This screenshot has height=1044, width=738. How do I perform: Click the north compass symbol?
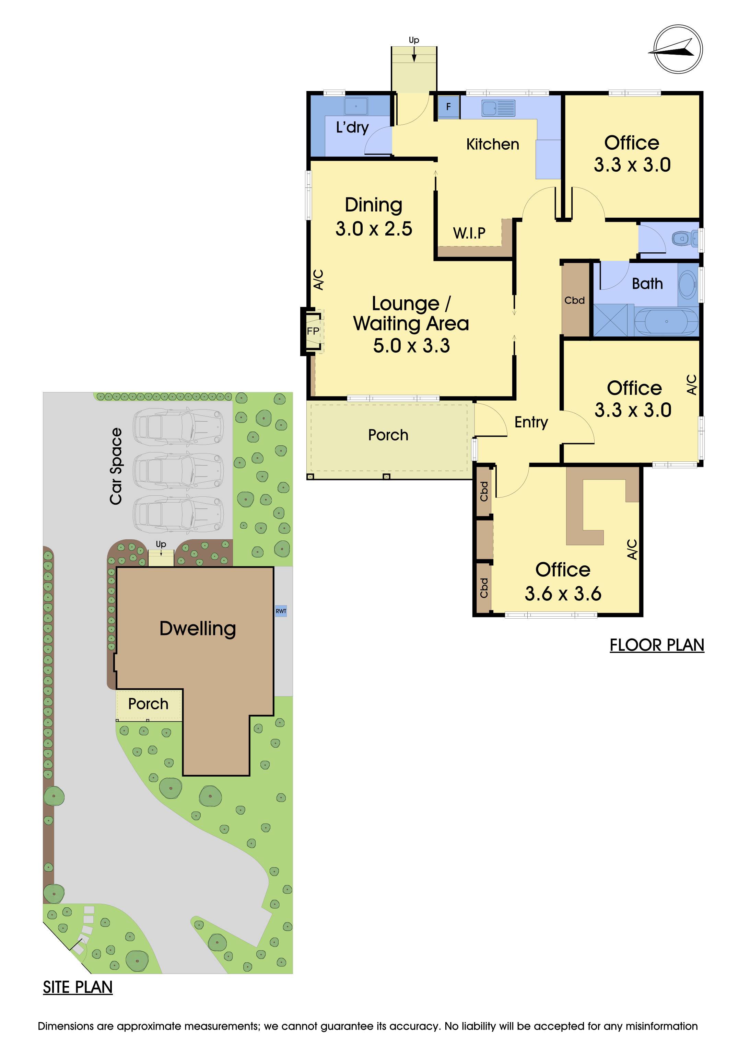coord(678,49)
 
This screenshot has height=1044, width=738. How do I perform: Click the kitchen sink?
coord(499,108)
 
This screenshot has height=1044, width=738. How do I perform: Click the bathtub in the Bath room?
coord(666,321)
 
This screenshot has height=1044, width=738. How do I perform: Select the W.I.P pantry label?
coord(469,233)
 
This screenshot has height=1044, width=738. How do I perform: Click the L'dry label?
coord(352,127)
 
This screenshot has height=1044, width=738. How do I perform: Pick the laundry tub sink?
coord(356,106)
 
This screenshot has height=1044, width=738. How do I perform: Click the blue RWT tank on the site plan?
coord(281,611)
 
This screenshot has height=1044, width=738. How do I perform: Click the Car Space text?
coord(116,467)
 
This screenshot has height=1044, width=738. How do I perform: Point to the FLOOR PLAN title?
coord(657,645)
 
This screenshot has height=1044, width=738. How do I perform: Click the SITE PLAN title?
coord(78,987)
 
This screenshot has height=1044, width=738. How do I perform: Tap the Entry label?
coord(531,422)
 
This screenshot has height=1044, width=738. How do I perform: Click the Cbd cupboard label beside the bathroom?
coord(574,300)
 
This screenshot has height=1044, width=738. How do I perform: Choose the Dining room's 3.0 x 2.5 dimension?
coord(374,229)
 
